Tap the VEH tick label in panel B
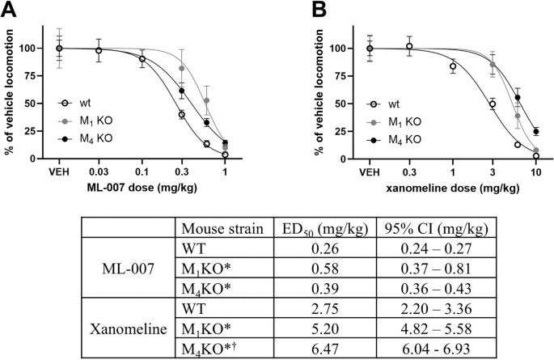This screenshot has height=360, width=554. pos(369,172)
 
